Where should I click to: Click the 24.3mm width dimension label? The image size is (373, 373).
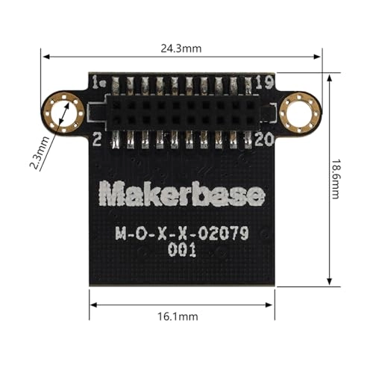[x=181, y=47]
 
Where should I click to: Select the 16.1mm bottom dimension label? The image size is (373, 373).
[x=181, y=316]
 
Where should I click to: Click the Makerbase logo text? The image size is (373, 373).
[x=182, y=195]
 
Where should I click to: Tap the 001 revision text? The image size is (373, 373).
[x=182, y=251]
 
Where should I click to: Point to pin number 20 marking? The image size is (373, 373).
[x=263, y=139]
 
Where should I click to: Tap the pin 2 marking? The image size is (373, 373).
[x=97, y=139]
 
